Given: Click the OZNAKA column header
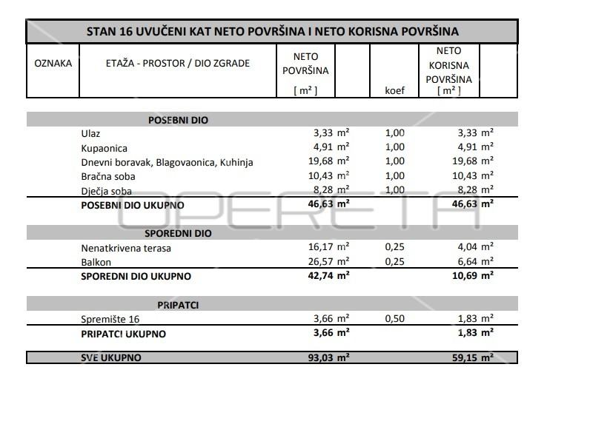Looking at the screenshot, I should pyautogui.click(x=53, y=64).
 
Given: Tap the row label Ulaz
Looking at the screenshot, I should pyautogui.click(x=90, y=133).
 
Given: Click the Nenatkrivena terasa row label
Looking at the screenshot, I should pyautogui.click(x=126, y=248).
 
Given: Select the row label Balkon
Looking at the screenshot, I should pyautogui.click(x=97, y=262).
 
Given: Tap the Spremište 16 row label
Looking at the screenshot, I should pyautogui.click(x=110, y=320).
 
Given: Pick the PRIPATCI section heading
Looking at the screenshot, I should pyautogui.click(x=177, y=305).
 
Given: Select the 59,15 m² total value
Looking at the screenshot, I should pyautogui.click(x=468, y=357).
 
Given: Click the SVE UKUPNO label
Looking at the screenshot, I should pyautogui.click(x=111, y=357).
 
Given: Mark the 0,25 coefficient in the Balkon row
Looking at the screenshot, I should pyautogui.click(x=395, y=262).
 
